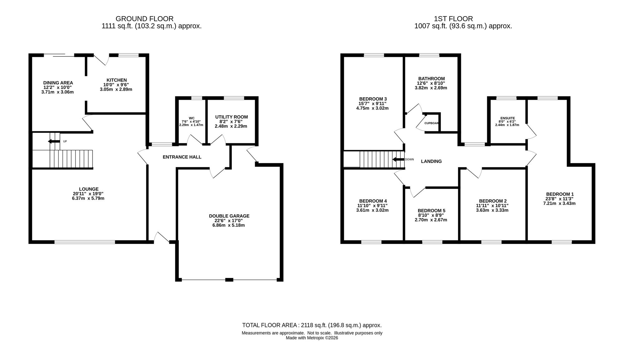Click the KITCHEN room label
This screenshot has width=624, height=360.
point(117,80)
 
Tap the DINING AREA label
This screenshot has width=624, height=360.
point(58,83)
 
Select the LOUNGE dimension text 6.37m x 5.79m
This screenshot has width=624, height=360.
point(88,198)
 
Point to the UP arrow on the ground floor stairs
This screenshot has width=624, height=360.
point(54,141)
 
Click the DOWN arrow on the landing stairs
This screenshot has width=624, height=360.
point(398,159)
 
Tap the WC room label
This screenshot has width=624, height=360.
point(192,118)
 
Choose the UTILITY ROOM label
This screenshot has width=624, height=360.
point(232,117)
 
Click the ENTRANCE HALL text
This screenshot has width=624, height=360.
point(182,157)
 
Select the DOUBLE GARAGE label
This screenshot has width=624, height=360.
point(229,216)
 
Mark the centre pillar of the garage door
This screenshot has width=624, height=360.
point(229,280)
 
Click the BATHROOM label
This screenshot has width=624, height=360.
point(431,79)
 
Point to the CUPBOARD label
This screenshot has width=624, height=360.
point(431,123)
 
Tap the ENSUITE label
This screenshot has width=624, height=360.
point(507,118)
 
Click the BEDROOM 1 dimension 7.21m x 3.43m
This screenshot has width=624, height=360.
point(559,203)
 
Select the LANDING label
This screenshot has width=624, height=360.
point(431,161)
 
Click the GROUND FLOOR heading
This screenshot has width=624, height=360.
point(144,19)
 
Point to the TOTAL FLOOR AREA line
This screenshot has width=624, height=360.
point(312,325)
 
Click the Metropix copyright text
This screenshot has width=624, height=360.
point(312,338)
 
